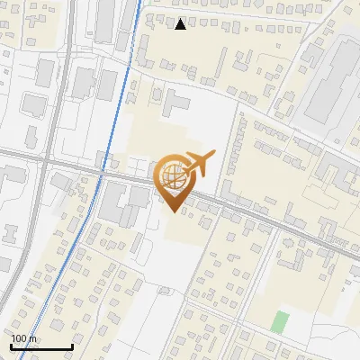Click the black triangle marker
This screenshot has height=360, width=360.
pyautogui.click(x=181, y=24)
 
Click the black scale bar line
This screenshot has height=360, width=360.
pyautogui.click(x=41, y=346)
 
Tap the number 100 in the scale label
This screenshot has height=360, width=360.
pyautogui.click(x=20, y=338)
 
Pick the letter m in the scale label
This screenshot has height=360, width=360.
pyautogui.click(x=33, y=338)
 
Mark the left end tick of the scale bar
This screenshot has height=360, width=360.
pyautogui.click(x=11, y=345)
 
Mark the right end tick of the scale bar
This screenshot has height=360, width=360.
pyautogui.click(x=72, y=345)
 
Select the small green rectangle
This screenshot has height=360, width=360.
pyautogui.click(x=281, y=321)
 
